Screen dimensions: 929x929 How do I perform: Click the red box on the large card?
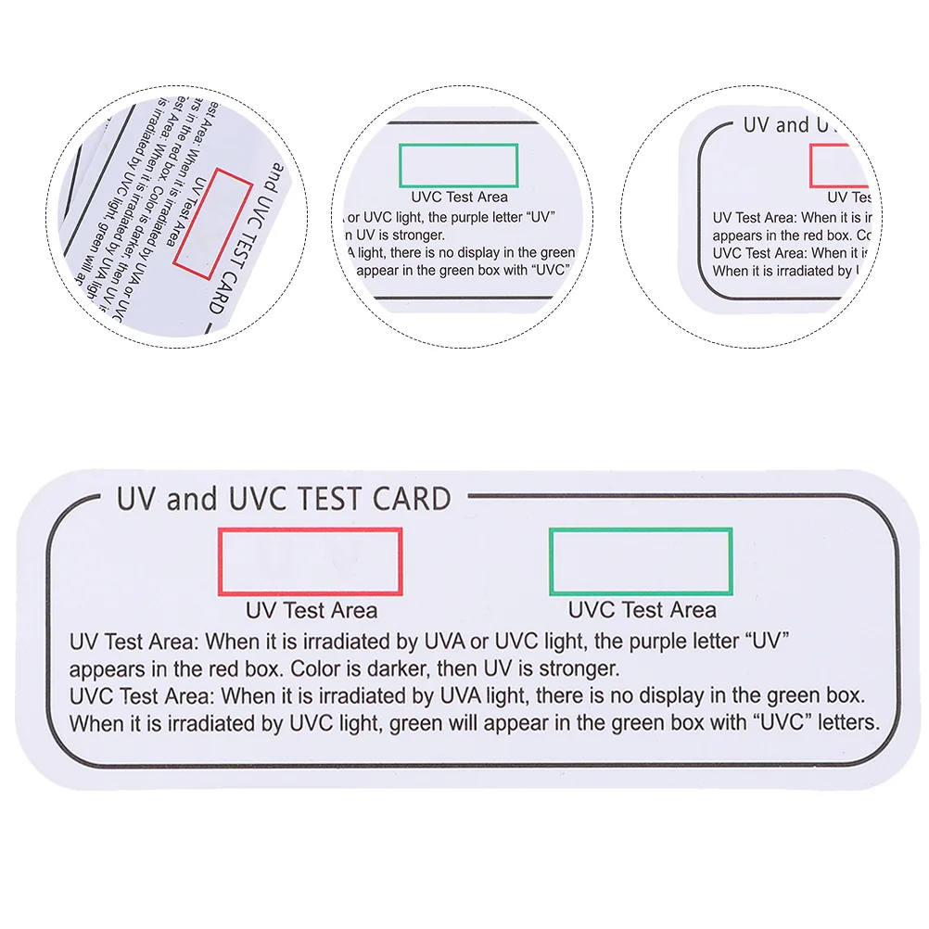(x=309, y=562)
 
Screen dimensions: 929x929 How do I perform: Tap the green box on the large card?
(x=641, y=561)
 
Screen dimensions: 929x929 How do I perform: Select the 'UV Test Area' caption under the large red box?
(x=312, y=610)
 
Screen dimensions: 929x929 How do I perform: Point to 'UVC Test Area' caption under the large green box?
(x=642, y=610)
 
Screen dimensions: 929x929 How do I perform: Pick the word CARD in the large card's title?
(x=412, y=499)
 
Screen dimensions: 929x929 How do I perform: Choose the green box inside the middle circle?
(x=458, y=166)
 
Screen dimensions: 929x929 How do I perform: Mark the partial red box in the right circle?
(x=839, y=167)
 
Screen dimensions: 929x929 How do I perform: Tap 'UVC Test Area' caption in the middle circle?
(x=459, y=197)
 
